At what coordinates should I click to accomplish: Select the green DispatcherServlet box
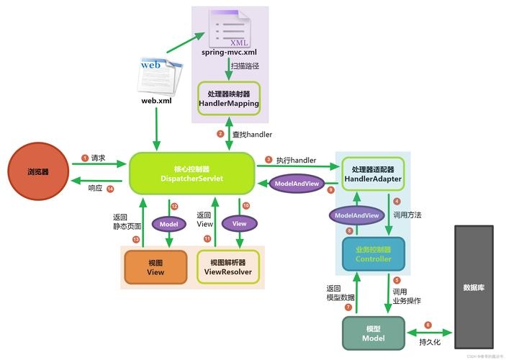191,173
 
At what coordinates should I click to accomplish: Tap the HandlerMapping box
228,99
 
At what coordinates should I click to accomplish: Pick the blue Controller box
373,253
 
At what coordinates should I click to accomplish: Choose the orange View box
155,267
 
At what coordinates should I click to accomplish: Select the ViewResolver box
227,267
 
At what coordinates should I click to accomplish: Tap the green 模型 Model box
374,333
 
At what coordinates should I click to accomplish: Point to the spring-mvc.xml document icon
228,27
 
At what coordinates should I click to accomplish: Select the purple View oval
239,224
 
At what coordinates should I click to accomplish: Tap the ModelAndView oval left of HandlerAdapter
297,184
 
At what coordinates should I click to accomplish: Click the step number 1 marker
85,158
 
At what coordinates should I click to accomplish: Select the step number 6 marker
428,325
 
